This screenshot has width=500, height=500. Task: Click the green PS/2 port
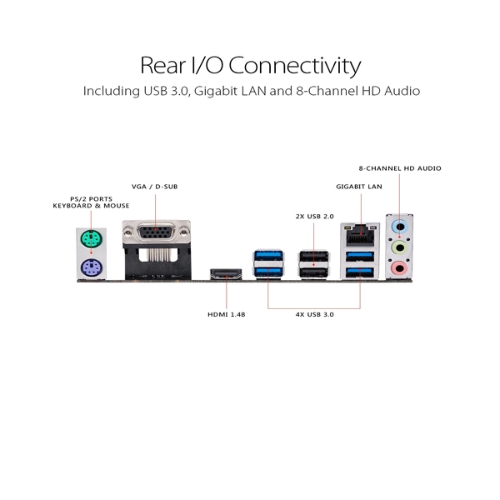click(91, 238)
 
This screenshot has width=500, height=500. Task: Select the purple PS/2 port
click(91, 267)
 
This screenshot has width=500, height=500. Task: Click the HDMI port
click(226, 274)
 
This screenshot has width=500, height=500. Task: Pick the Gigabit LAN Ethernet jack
click(361, 234)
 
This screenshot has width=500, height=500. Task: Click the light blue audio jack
click(399, 227)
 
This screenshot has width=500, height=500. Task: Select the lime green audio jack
click(399, 247)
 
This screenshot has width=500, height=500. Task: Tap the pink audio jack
click(399, 267)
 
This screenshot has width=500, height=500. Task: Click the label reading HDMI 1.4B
click(227, 314)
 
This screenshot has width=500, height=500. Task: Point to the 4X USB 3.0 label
click(314, 314)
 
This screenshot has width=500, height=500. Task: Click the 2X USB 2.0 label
click(314, 217)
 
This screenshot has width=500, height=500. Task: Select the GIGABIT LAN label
click(359, 187)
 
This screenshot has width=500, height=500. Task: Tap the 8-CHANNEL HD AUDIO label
click(400, 168)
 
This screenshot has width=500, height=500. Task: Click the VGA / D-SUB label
click(155, 187)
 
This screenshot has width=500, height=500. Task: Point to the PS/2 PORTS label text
click(91, 199)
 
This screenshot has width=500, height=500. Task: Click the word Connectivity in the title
click(295, 65)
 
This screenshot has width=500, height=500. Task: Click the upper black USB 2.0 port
click(314, 257)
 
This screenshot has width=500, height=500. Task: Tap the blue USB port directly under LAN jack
click(360, 256)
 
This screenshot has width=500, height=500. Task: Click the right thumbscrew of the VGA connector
click(184, 231)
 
